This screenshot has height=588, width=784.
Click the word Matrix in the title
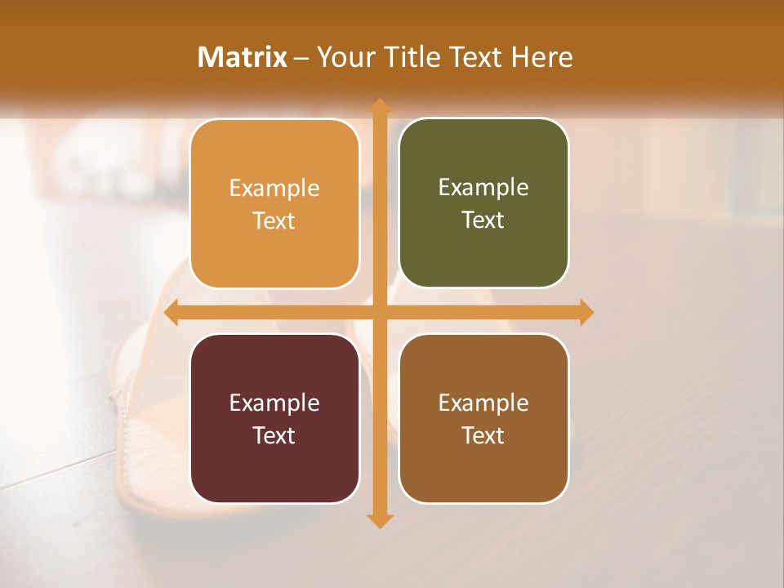(x=242, y=57)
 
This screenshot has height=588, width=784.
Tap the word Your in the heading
(x=344, y=57)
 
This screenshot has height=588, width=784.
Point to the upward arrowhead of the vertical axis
(x=379, y=105)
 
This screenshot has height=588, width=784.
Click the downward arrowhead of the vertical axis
(x=379, y=520)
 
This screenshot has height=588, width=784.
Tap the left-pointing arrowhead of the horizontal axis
(x=171, y=313)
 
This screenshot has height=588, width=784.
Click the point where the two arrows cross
(x=379, y=313)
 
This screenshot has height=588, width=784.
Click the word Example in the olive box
(x=483, y=188)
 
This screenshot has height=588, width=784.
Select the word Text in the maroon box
(x=274, y=435)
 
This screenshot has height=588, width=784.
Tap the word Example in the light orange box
(x=274, y=189)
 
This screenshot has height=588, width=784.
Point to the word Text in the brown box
(x=483, y=435)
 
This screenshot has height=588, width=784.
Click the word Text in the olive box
(x=483, y=220)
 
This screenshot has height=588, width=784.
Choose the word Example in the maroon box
(x=274, y=403)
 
